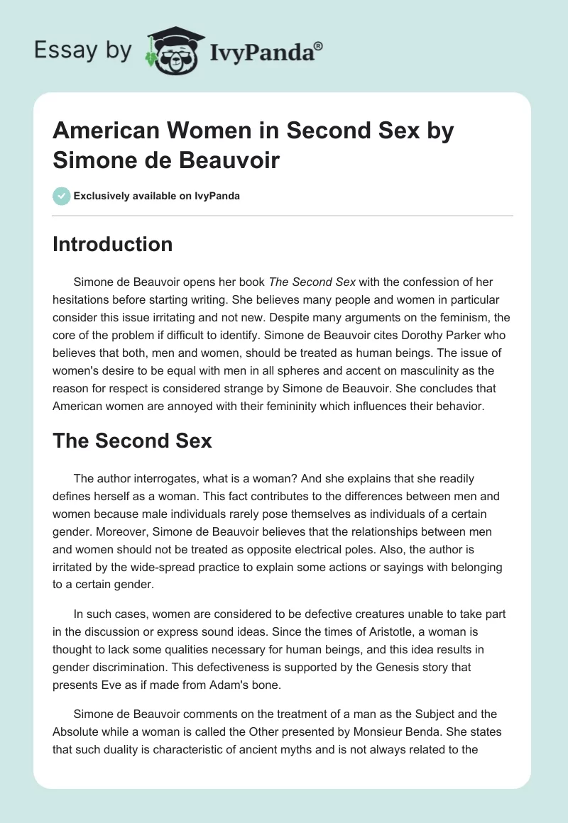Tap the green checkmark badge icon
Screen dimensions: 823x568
[62, 196]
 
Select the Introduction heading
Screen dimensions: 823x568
[113, 245]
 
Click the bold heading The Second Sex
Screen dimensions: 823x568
[133, 441]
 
